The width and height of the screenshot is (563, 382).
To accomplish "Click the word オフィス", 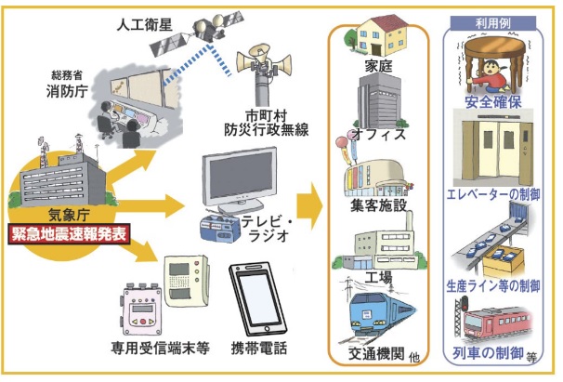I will click(x=382, y=136).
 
